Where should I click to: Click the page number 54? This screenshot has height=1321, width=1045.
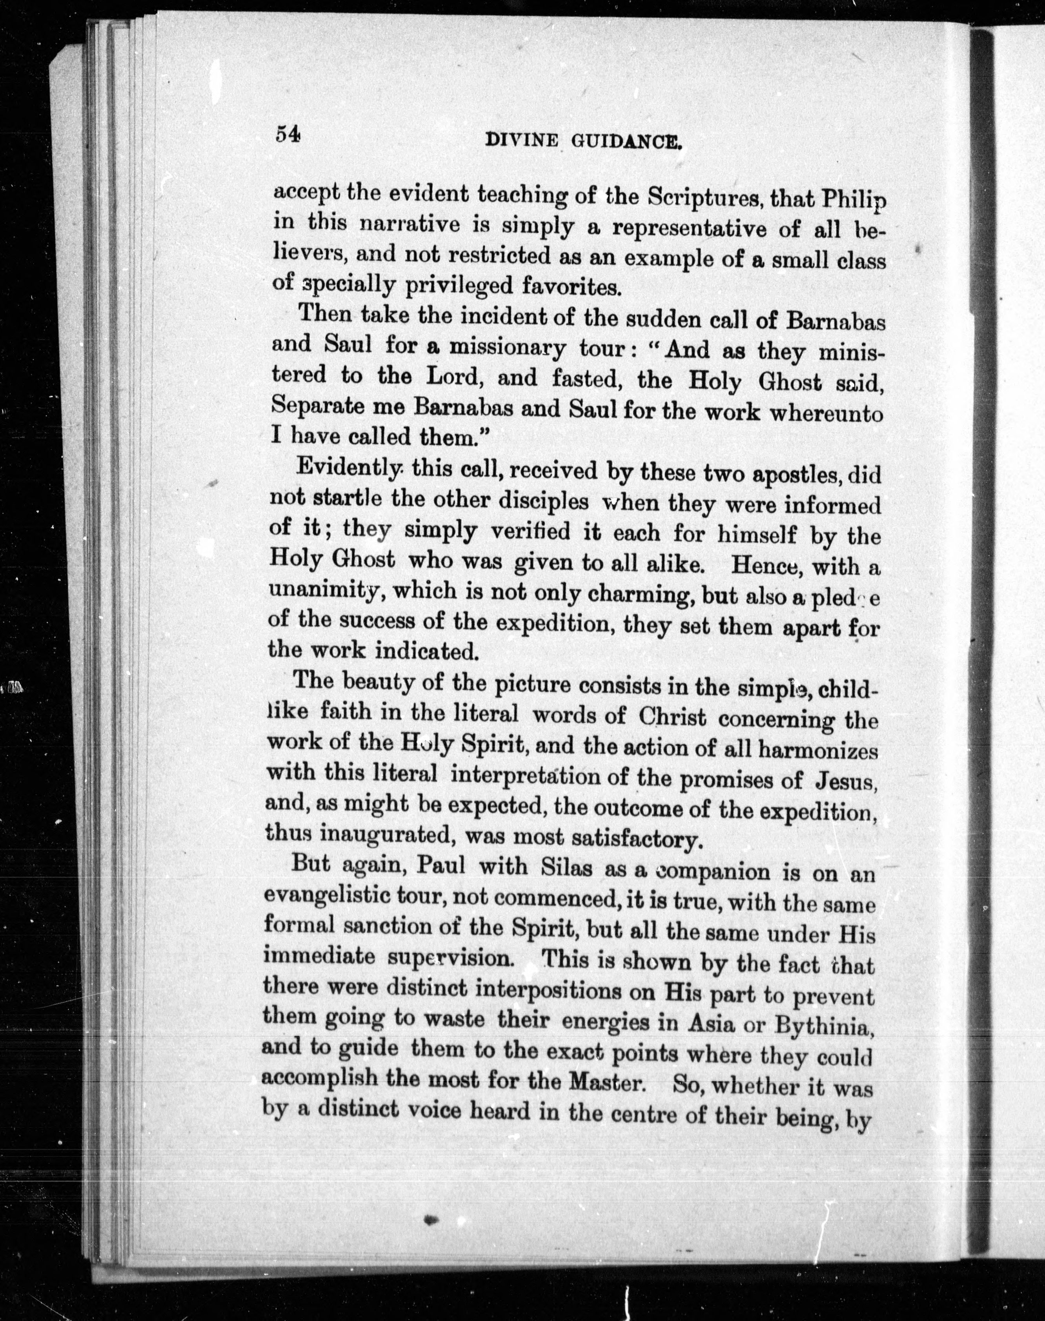point(287,133)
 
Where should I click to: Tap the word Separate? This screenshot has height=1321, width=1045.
point(317,407)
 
